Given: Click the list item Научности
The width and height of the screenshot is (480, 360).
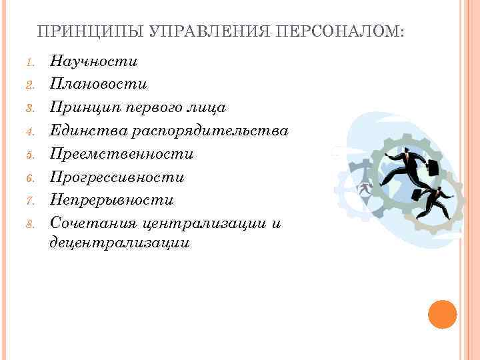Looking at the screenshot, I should (93, 62).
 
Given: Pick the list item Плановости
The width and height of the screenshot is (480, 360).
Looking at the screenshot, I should (98, 85).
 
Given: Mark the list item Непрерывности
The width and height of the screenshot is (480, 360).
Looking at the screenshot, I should (111, 200).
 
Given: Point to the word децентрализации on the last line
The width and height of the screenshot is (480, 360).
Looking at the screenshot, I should (119, 243).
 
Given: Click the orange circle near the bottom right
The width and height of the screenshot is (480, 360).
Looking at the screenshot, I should (443, 314).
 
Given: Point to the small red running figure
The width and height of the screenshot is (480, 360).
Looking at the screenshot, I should (365, 188).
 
